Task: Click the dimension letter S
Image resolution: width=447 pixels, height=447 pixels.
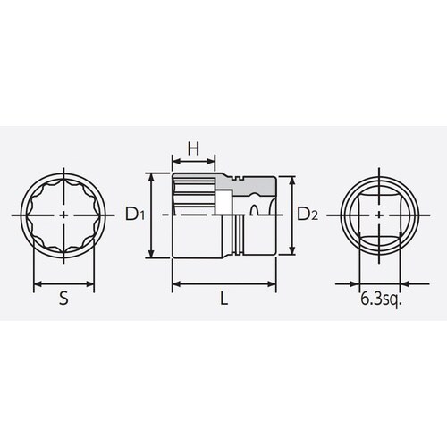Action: point(63,301)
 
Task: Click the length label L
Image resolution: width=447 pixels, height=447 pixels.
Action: point(224,301)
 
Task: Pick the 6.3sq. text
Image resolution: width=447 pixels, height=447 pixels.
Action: point(380,300)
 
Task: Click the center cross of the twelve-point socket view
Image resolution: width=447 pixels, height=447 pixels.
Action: point(63,215)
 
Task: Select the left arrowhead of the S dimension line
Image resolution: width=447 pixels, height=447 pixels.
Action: point(37,286)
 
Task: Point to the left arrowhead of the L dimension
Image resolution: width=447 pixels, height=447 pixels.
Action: point(174,285)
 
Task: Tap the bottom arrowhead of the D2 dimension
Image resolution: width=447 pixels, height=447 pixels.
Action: point(291,254)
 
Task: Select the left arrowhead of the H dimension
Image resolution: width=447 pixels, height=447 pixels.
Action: point(174,164)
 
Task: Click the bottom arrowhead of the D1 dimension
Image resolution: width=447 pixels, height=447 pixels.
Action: point(156,254)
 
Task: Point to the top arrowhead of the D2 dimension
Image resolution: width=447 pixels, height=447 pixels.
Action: point(291,177)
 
